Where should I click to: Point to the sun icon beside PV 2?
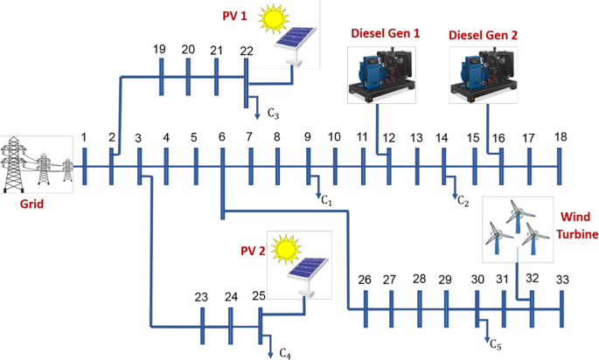point(284,249)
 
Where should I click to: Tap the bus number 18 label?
point(560,137)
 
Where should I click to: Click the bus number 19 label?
point(159,50)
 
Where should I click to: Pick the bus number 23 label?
point(201,297)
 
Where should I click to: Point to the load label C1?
point(327,201)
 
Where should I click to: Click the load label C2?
point(463,202)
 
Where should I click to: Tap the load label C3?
point(273,114)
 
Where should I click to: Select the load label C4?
point(285,352)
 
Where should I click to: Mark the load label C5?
point(495,343)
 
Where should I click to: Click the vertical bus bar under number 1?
point(84,165)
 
